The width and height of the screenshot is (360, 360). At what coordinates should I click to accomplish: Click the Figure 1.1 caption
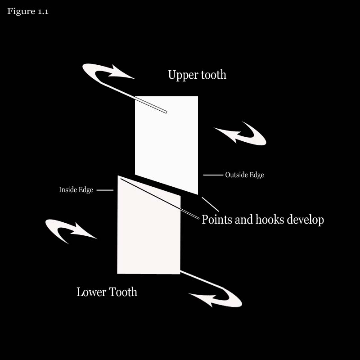click(x=28, y=11)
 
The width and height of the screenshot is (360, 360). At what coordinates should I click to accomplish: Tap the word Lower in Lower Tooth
click(x=91, y=292)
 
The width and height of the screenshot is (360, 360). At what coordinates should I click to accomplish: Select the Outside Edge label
click(x=244, y=175)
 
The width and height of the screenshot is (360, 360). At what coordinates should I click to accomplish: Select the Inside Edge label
click(x=76, y=189)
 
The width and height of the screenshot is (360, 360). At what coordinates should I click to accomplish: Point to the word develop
click(x=306, y=220)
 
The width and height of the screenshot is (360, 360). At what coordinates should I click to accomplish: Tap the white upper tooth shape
click(x=166, y=142)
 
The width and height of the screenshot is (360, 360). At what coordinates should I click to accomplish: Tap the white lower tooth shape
click(x=149, y=229)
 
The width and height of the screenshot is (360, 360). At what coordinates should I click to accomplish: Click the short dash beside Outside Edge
click(x=213, y=175)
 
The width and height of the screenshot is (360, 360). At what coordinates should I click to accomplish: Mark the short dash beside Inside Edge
click(x=105, y=190)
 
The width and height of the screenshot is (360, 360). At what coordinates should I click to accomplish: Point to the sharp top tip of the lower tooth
click(x=118, y=176)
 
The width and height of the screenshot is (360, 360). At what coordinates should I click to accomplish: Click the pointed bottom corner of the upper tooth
click(x=198, y=194)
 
